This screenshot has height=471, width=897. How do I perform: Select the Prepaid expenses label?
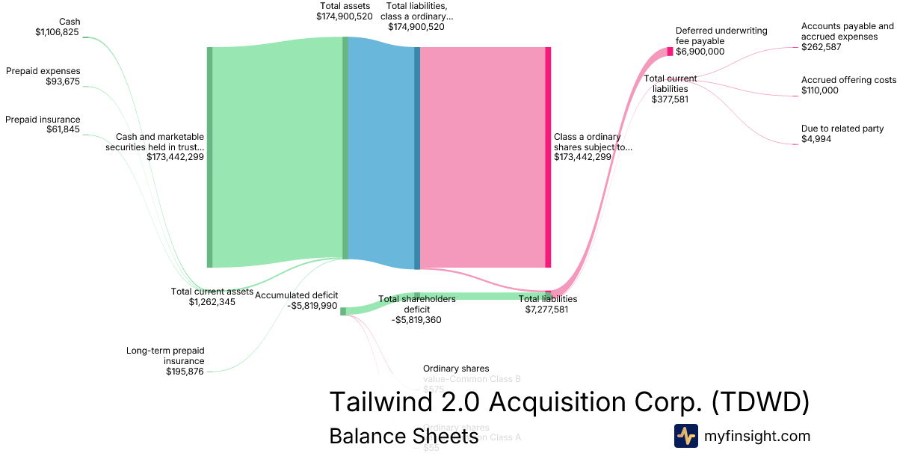coord(43,71)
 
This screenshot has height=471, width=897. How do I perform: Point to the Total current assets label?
coord(212,292)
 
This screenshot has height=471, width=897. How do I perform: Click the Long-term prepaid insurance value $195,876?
coord(185,372)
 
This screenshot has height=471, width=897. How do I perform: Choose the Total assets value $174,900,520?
coord(344,16)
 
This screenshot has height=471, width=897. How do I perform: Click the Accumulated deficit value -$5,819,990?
coord(312,306)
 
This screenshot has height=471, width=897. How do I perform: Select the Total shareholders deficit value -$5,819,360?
coord(416,319)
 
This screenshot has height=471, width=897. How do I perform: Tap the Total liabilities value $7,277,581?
coord(547,309)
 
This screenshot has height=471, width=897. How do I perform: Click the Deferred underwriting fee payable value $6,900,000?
coord(700,52)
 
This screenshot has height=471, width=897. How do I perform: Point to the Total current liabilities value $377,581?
coord(670,99)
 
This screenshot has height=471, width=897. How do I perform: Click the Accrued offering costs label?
coord(848,80)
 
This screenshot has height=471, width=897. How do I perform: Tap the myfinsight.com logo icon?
coord(685,436)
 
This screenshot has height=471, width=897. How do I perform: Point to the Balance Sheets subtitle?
coord(404,437)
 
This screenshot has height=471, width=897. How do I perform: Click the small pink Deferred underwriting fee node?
coord(670,52)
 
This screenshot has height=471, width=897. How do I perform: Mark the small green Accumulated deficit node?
coord(343,311)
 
